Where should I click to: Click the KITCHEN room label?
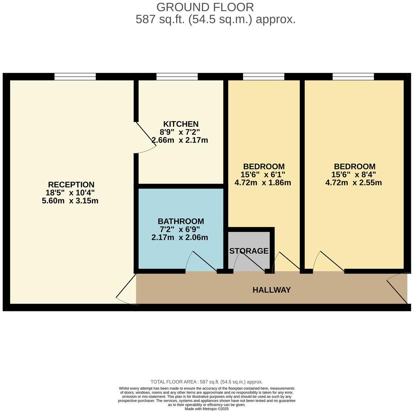click(181, 124)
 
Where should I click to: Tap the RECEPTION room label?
click(71, 185)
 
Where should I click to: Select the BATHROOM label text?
click(181, 221)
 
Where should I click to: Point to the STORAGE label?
click(249, 251)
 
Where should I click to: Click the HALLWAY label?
click(271, 290)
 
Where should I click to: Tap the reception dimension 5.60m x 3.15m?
click(70, 201)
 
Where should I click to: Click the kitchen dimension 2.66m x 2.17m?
click(180, 140)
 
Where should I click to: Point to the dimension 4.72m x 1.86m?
click(263, 183)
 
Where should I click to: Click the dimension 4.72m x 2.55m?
click(353, 183)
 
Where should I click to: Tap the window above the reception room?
click(75, 76)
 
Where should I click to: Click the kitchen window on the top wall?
click(177, 76)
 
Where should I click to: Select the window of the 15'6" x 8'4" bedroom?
click(353, 76)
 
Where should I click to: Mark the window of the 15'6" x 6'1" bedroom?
click(263, 76)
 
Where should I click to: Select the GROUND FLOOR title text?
click(205, 7)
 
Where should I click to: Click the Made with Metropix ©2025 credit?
click(207, 409)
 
